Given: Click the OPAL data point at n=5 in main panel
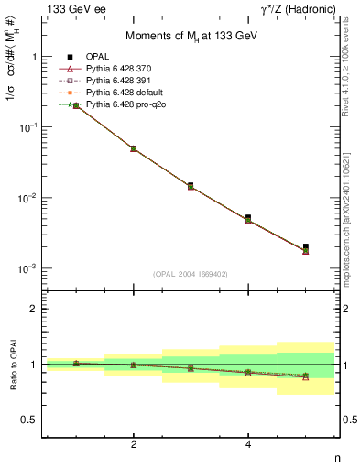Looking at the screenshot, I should pos(306,246).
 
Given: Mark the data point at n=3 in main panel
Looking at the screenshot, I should pos(191,185).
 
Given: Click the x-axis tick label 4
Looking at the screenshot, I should pos(248,444).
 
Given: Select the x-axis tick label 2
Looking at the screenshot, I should pos(134,444).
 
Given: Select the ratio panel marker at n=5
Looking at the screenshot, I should pos(306,376).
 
